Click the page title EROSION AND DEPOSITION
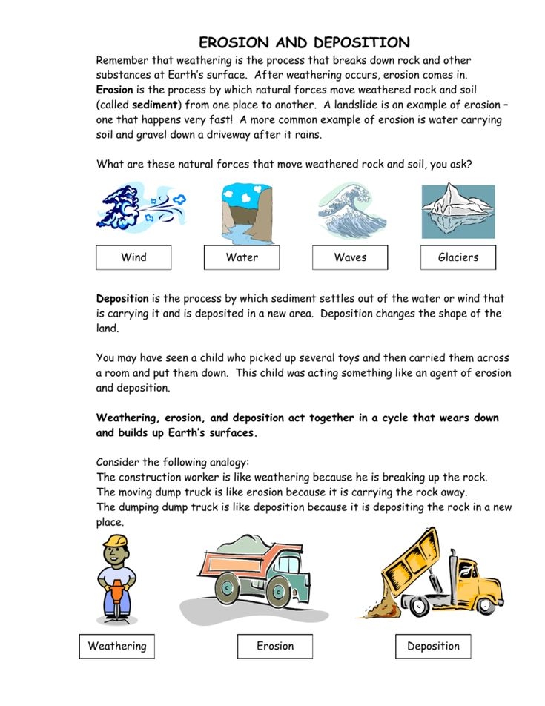tap(304, 42)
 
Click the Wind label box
tap(133, 257)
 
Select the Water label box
tap(242, 257)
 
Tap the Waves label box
tap(350, 257)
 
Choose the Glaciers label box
tap(458, 257)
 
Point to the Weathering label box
tap(117, 646)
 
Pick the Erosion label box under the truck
tap(275, 646)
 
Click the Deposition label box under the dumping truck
tap(433, 646)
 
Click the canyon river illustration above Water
tap(242, 213)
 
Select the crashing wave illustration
tap(349, 211)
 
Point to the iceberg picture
tap(458, 211)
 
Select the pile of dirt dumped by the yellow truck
tap(383, 608)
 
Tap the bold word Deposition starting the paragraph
tap(122, 299)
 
